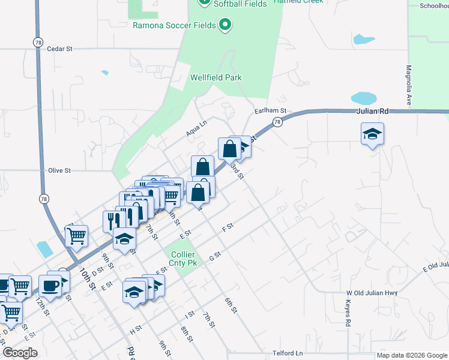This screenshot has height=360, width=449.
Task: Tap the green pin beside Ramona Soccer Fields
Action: pyautogui.click(x=225, y=25)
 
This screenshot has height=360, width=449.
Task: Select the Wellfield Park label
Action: pyautogui.click(x=215, y=77)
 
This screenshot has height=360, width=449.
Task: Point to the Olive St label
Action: pyautogui.click(x=59, y=170)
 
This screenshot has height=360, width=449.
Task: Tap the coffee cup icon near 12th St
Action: pyautogui.click(x=50, y=285)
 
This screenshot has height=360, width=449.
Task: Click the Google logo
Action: pyautogui.click(x=20, y=353)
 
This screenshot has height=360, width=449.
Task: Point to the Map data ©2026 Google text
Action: pyautogui.click(x=411, y=355)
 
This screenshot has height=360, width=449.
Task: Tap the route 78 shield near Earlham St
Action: pyautogui.click(x=277, y=122)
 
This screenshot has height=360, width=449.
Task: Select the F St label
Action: pyautogui.click(x=227, y=228)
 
